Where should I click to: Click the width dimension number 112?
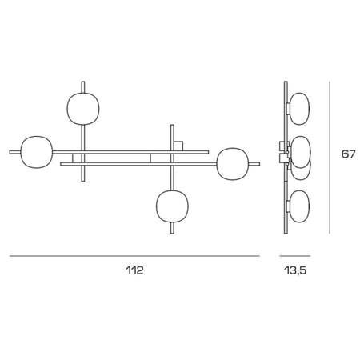point(134,270)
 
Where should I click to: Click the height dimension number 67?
point(347,154)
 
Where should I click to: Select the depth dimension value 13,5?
point(296,270)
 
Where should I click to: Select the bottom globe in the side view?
point(300,204)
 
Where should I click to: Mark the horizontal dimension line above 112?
point(134,255)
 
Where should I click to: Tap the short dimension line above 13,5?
point(296,255)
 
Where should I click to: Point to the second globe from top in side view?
point(299,149)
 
